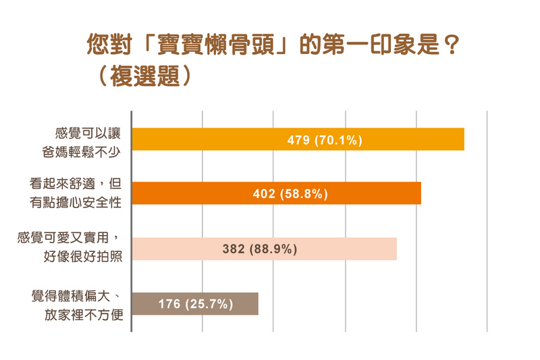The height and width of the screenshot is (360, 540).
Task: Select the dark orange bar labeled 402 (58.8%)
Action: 378,193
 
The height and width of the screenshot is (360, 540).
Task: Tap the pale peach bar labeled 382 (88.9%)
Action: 351,249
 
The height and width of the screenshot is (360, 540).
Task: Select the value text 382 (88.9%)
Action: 260,249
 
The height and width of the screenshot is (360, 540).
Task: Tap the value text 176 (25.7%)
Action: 196,304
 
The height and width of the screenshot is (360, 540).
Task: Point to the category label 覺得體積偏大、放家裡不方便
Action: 78,304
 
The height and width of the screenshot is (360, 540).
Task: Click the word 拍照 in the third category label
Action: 111,256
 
